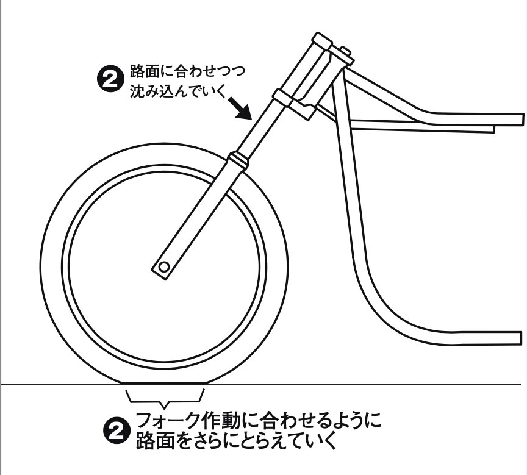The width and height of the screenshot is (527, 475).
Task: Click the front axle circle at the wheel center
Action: [x=163, y=267]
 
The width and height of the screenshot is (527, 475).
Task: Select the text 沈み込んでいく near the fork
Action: [x=177, y=91]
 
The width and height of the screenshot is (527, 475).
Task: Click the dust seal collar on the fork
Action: [x=239, y=159]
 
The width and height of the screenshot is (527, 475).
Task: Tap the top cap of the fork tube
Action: [x=322, y=41]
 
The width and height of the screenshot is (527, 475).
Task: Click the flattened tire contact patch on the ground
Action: [x=165, y=382]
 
